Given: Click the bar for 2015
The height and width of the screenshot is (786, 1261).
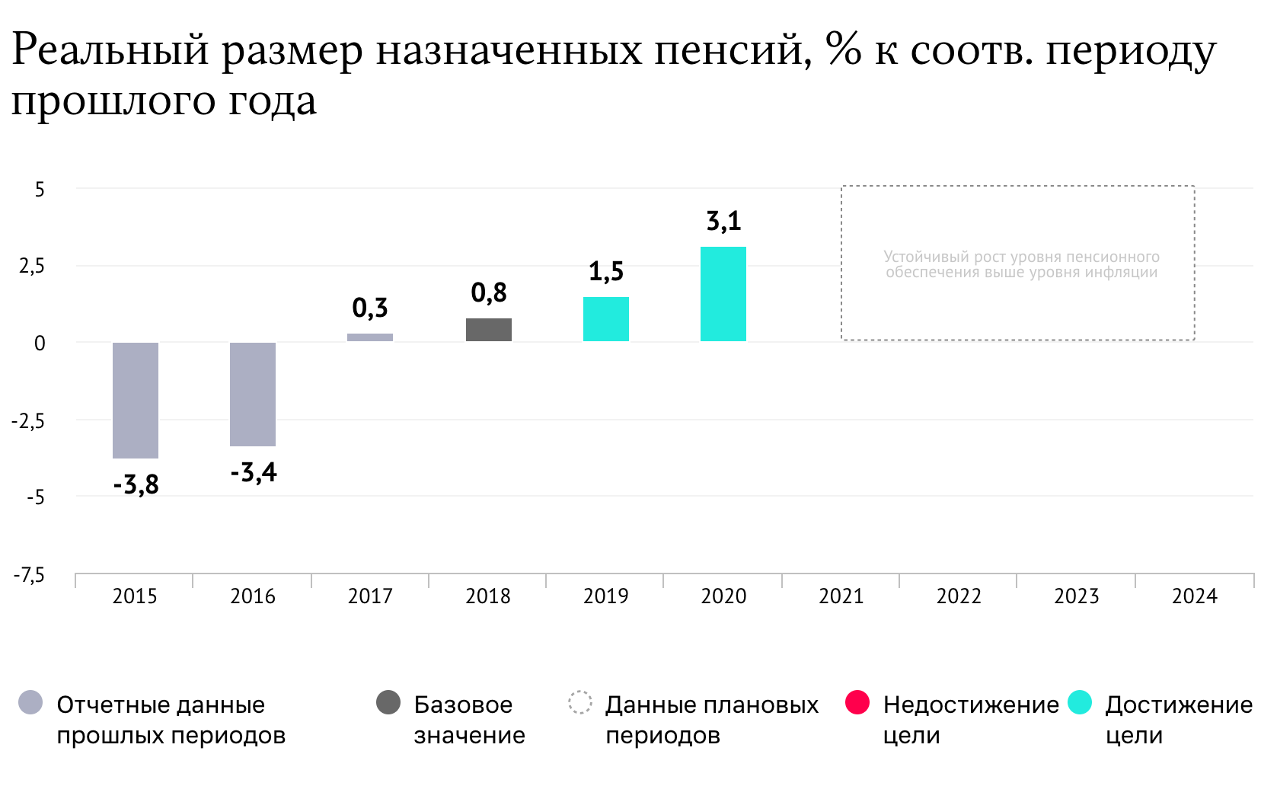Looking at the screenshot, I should (x=136, y=400).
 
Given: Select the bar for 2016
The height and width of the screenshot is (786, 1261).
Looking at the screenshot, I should (x=253, y=394).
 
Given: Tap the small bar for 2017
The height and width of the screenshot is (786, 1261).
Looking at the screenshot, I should (x=370, y=337).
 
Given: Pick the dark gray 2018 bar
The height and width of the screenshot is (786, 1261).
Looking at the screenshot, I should (x=489, y=330).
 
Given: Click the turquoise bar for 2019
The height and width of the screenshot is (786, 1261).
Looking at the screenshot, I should (x=606, y=319).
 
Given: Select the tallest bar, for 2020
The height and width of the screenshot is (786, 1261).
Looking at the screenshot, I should (x=723, y=294).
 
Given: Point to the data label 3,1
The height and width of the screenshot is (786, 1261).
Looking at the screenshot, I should (x=723, y=222).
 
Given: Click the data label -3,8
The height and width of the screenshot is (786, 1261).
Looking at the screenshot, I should (x=136, y=484).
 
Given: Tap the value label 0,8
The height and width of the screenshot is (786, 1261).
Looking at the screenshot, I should (x=489, y=292).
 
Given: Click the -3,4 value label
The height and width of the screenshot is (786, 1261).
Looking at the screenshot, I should (x=254, y=473).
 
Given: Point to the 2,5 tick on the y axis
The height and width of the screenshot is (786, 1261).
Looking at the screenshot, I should (x=32, y=267).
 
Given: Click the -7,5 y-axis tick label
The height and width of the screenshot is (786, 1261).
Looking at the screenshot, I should (x=29, y=575).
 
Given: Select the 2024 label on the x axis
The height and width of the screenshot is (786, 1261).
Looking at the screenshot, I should (x=1194, y=596).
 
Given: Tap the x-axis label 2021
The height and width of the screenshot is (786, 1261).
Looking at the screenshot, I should (x=841, y=596).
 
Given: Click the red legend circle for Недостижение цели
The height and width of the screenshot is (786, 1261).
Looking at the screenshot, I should (x=857, y=702).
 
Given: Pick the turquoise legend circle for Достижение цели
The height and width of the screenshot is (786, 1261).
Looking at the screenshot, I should (x=1080, y=702).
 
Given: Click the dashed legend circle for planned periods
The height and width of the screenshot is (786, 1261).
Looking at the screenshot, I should (x=580, y=702).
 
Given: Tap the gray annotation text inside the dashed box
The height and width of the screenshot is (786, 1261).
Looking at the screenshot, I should (x=1021, y=264).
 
